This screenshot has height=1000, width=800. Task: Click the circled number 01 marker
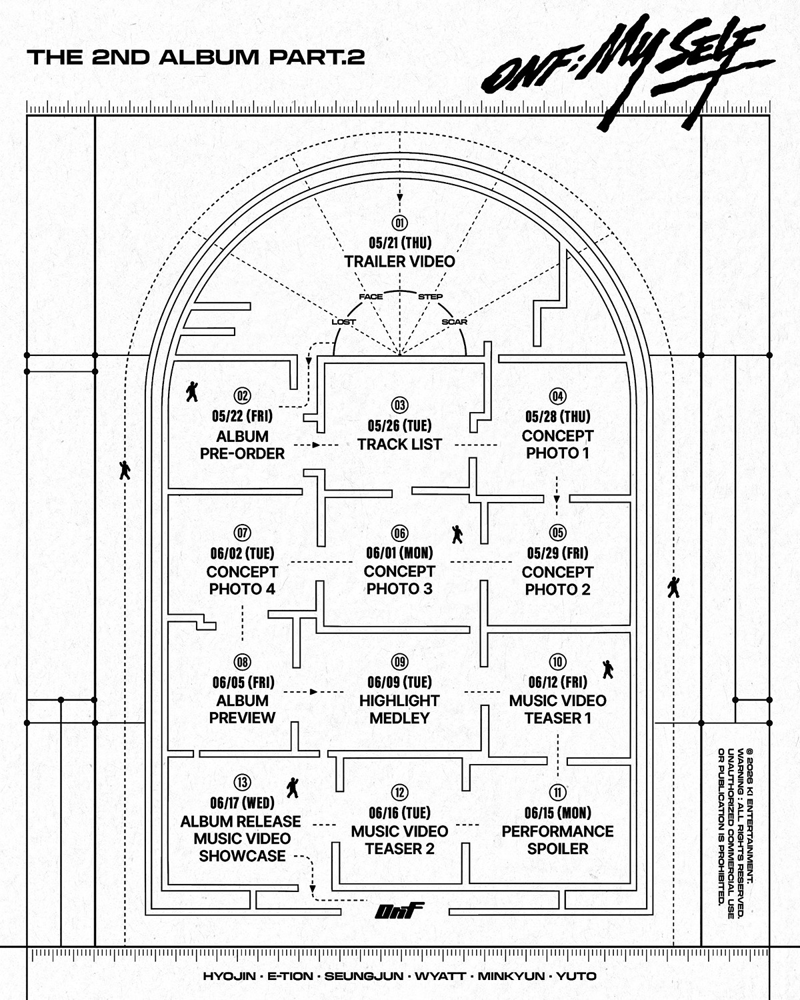tap(400, 223)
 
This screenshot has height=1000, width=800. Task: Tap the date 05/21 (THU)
tap(400, 243)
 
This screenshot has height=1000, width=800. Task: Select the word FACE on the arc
tap(371, 297)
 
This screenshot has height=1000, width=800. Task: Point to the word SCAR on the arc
tap(454, 321)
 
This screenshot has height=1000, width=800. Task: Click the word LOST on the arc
tap(343, 321)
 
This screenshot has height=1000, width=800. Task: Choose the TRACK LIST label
tap(400, 444)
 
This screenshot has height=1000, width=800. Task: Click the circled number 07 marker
tap(242, 533)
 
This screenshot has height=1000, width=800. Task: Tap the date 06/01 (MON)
tap(400, 553)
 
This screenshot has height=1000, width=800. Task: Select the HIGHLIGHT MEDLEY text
tap(400, 709)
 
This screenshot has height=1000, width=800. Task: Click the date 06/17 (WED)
tap(242, 803)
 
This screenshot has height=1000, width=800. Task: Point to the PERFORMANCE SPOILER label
tap(558, 840)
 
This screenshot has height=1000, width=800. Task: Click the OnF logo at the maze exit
tap(399, 911)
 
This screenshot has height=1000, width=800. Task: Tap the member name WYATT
tap(440, 976)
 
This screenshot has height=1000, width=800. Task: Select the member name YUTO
tap(576, 976)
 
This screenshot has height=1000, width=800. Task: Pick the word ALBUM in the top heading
tap(209, 57)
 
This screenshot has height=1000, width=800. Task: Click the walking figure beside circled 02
tap(191, 392)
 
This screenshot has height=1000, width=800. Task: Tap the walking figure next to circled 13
tap(293, 787)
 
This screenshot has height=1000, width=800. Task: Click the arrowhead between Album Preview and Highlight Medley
tap(314, 692)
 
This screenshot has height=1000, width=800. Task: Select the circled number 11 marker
tap(558, 792)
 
